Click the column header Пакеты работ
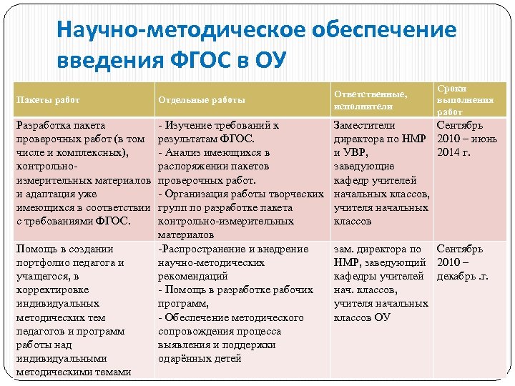(48, 99)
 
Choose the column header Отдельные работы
(201, 99)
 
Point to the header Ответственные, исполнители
(370, 99)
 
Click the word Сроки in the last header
(451, 88)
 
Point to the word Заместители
(364, 125)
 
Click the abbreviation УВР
(355, 152)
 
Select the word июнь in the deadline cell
(486, 139)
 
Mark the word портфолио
(44, 262)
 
